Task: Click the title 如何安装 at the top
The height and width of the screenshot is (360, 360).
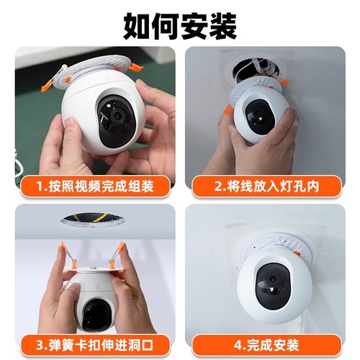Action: [x=180, y=26]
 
